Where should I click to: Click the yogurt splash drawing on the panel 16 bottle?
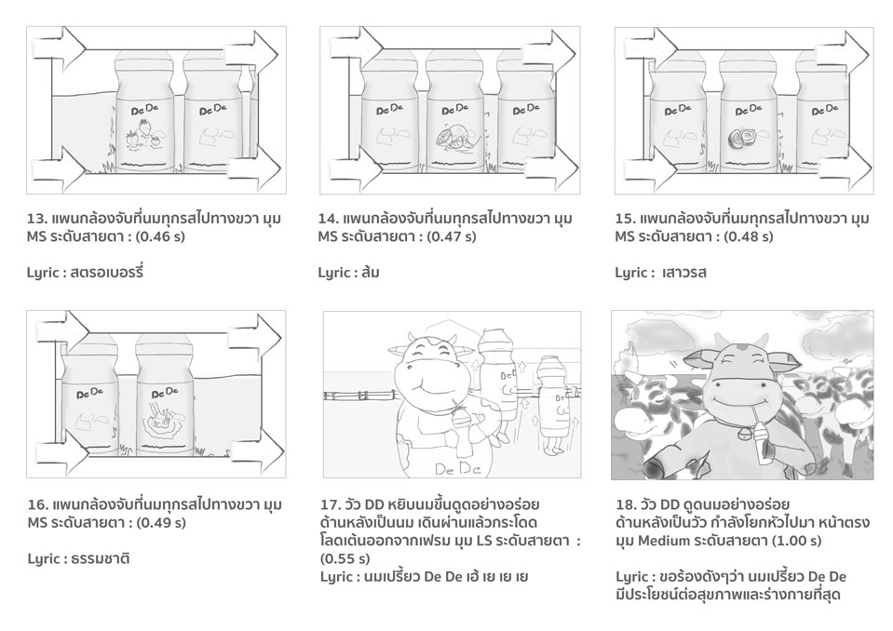(x=164, y=421)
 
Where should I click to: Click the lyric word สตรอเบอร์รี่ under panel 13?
(x=107, y=272)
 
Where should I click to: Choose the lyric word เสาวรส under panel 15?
(x=684, y=273)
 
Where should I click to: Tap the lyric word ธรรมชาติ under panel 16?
(x=101, y=558)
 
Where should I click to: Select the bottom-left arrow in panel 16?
(x=59, y=453)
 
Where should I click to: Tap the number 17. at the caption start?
(x=330, y=504)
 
